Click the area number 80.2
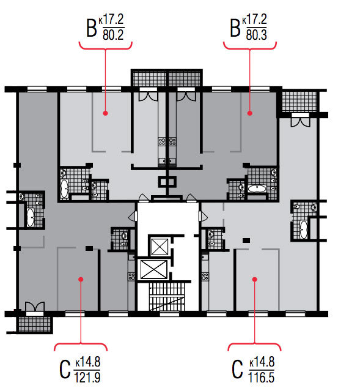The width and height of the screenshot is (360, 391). (113, 35)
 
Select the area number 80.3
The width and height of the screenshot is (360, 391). (257, 35)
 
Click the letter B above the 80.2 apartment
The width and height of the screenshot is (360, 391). (92, 28)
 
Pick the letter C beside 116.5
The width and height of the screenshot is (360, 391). (237, 370)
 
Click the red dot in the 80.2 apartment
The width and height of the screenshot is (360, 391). (105, 113)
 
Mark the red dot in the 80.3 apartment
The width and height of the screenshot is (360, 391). (250, 113)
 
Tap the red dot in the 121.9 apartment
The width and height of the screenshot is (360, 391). (81, 279)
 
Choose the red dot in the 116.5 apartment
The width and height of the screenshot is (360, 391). (255, 279)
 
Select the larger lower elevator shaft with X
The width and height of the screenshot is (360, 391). (153, 270)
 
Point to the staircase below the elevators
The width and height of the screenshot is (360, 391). (167, 297)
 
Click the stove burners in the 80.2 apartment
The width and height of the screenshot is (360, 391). (162, 141)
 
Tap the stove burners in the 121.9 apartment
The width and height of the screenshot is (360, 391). (131, 277)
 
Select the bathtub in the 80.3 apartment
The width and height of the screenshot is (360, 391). (257, 188)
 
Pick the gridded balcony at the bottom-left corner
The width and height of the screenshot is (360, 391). (35, 324)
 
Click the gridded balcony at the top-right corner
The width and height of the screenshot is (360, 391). (299, 102)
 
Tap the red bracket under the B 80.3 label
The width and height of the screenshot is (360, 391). (250, 46)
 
